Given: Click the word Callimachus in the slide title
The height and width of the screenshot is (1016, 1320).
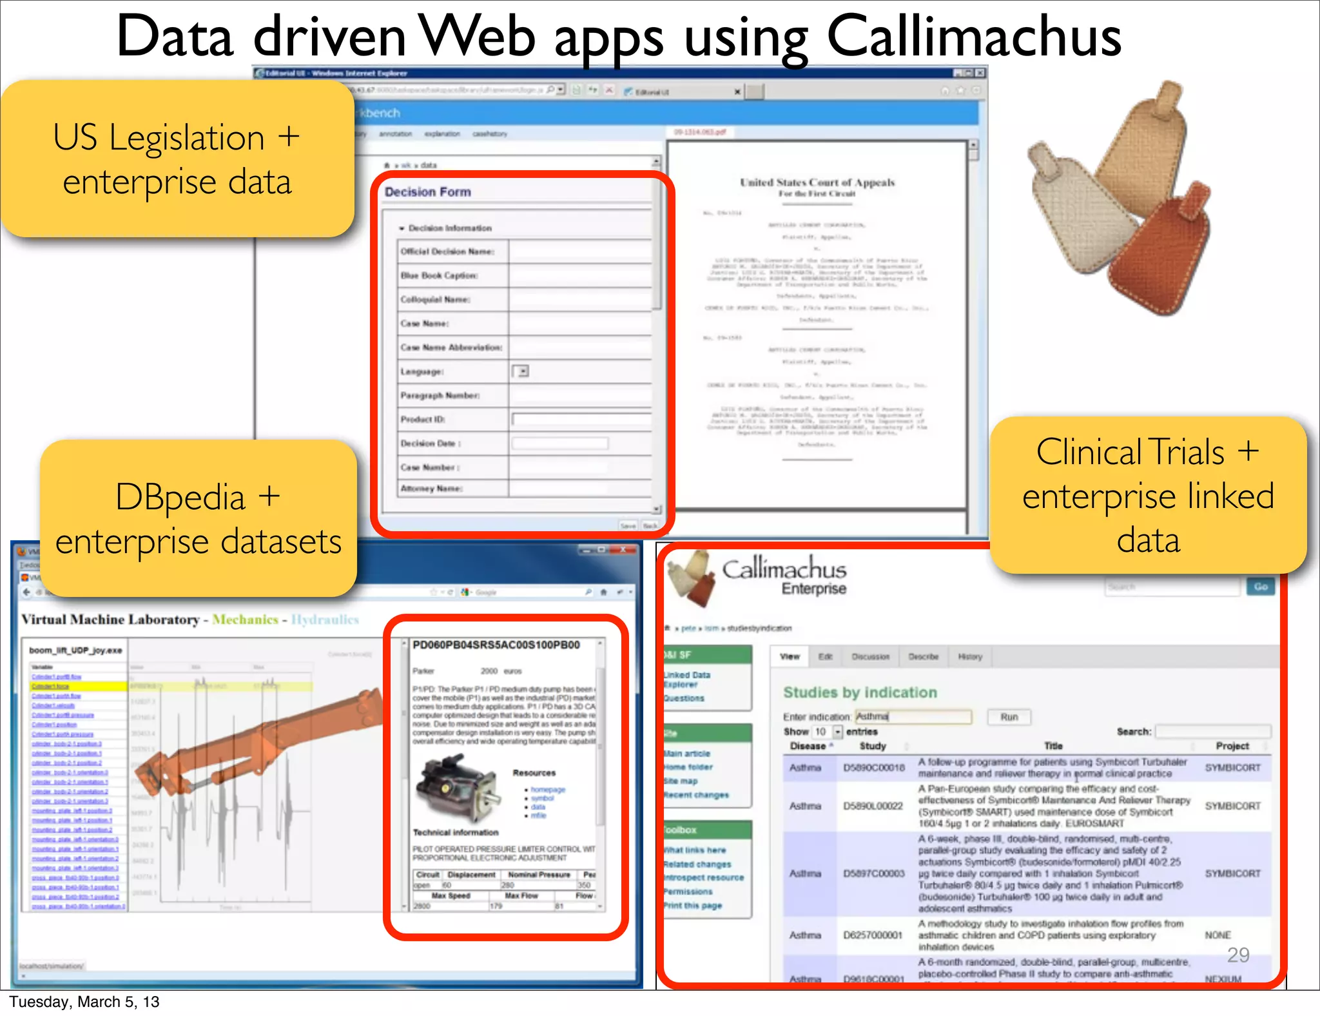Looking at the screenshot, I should point(973,37).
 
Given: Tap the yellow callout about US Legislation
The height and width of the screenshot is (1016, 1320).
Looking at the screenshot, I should point(177,159).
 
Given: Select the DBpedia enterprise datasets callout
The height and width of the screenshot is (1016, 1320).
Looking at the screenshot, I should point(198,518).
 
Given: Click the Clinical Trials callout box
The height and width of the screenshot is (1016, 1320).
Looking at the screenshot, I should point(1147,495).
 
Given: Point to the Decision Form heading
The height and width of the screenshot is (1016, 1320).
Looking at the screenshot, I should point(428,192).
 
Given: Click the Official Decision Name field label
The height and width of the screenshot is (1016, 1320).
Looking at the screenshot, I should point(447,251).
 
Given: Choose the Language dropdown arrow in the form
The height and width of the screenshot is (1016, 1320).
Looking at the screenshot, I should point(523,371).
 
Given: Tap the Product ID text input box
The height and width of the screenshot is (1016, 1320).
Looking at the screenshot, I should point(580,420).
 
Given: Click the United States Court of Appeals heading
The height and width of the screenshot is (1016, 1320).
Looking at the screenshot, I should point(817,182).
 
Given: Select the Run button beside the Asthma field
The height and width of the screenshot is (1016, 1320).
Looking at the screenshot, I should point(1009,717).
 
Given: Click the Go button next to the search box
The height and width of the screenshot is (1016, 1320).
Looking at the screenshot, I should point(1261,587).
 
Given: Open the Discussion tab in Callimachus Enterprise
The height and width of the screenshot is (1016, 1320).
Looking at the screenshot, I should point(870,656).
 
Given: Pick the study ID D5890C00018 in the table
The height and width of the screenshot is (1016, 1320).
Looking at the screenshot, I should point(874,768).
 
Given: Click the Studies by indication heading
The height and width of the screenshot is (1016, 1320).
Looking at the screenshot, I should point(860,692).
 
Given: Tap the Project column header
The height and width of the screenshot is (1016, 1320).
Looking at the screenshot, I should point(1232,746).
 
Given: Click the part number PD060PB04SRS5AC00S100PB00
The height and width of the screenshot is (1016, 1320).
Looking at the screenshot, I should point(496,645).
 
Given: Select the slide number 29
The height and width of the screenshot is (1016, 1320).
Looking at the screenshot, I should point(1238,955).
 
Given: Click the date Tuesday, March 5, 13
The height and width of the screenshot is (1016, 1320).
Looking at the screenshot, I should point(84,1002).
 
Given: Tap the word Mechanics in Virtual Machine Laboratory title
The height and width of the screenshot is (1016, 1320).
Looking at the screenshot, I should point(245,620).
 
